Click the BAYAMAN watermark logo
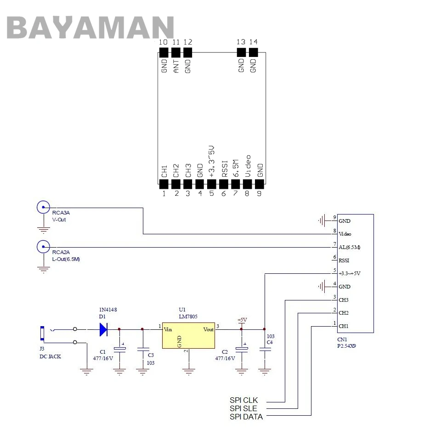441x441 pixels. coord(90,27)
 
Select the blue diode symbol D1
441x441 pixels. coord(103,329)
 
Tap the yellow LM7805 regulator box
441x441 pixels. coord(188,335)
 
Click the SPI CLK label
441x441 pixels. coord(243,400)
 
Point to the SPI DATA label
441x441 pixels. coord(246,417)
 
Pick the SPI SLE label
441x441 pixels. coord(243,408)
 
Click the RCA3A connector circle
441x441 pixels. coord(43,207)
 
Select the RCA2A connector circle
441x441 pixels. coord(43,247)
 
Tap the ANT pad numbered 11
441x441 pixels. coord(176,52)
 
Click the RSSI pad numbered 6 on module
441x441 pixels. coord(224,184)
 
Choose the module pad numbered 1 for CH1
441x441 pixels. coord(164,184)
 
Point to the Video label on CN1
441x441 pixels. coord(345,234)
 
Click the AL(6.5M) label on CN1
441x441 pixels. coord(349,247)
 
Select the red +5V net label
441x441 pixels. coord(242,320)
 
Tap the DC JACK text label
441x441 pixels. coord(50,356)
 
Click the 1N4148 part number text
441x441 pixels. coord(108,310)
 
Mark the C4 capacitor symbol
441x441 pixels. coord(265,349)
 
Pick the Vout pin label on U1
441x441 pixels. coord(209,330)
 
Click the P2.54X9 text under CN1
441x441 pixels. coord(346,346)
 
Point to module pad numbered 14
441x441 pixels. coord(254,52)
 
